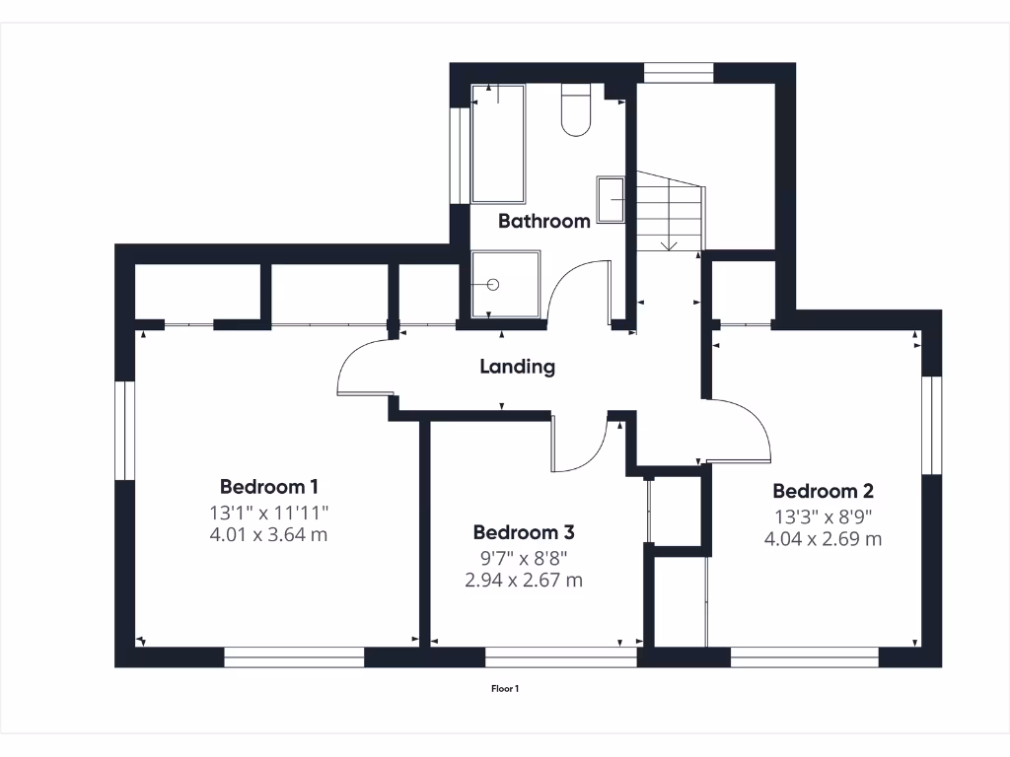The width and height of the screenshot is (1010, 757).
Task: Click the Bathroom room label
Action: [x=543, y=221]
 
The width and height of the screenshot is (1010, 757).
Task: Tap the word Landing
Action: [x=517, y=367]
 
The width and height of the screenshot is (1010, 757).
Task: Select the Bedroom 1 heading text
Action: [x=268, y=486]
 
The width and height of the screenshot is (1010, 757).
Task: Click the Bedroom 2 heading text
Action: [x=823, y=491]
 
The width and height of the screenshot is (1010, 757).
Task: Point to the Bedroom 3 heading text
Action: [x=523, y=532]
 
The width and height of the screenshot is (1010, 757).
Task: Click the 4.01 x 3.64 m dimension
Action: [x=268, y=535]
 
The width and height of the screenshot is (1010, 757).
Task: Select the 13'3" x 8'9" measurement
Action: [x=823, y=516]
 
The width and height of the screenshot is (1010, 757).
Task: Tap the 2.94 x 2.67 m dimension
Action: [x=523, y=581]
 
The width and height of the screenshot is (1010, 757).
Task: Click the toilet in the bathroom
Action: [x=575, y=110]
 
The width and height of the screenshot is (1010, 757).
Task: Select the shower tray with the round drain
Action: [x=505, y=284]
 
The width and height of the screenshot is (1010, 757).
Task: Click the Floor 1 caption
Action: [x=505, y=689]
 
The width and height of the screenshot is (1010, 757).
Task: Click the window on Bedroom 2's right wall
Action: [x=932, y=425]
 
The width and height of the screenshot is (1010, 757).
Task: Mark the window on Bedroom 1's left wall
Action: [x=124, y=431]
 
